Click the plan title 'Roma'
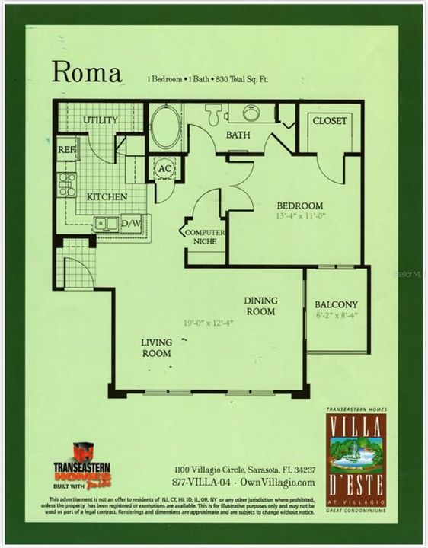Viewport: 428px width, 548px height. click(x=87, y=73)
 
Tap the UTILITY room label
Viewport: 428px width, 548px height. click(x=100, y=120)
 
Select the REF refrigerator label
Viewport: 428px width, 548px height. click(x=66, y=150)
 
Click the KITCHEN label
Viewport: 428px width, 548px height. click(x=106, y=196)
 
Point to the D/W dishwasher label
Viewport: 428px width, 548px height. click(x=132, y=223)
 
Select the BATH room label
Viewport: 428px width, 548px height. click(x=238, y=135)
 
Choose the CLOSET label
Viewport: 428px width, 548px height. click(x=330, y=120)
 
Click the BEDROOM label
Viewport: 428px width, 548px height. click(x=299, y=205)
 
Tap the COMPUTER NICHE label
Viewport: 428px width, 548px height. click(x=204, y=237)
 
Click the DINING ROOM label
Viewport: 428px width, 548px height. click(x=260, y=305)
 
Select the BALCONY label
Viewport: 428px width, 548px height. click(x=336, y=304)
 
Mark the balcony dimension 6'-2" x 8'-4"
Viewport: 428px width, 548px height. click(x=336, y=315)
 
